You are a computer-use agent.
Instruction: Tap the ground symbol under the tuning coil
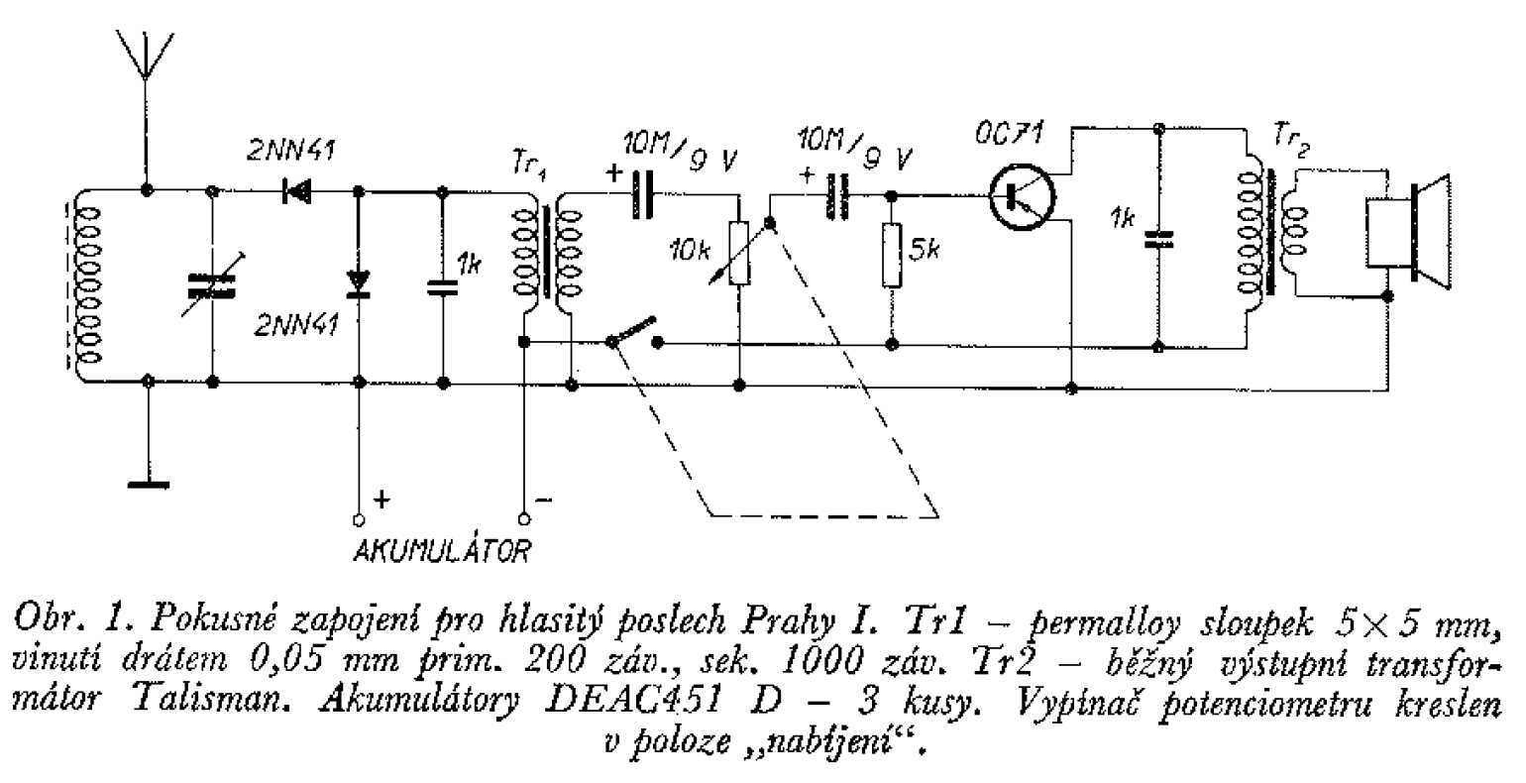click(x=149, y=485)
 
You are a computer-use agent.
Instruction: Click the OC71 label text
click(x=1008, y=134)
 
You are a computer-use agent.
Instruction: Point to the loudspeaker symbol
click(x=1408, y=232)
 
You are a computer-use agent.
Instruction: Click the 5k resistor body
click(x=892, y=254)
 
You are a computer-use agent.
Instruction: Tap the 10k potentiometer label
click(x=690, y=252)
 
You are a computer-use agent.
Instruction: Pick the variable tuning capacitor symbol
click(x=212, y=286)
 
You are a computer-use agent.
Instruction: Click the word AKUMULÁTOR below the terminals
click(x=442, y=551)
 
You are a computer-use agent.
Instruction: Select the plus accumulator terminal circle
click(x=359, y=520)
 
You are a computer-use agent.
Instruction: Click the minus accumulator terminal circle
click(x=523, y=519)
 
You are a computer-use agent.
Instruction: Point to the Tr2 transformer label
click(x=1290, y=143)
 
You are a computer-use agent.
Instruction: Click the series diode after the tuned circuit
click(x=296, y=191)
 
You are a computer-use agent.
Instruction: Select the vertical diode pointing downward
click(x=359, y=284)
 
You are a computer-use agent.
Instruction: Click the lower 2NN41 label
click(x=296, y=326)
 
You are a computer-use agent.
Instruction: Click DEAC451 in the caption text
click(x=633, y=701)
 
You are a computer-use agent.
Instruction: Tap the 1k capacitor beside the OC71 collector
click(x=1157, y=239)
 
